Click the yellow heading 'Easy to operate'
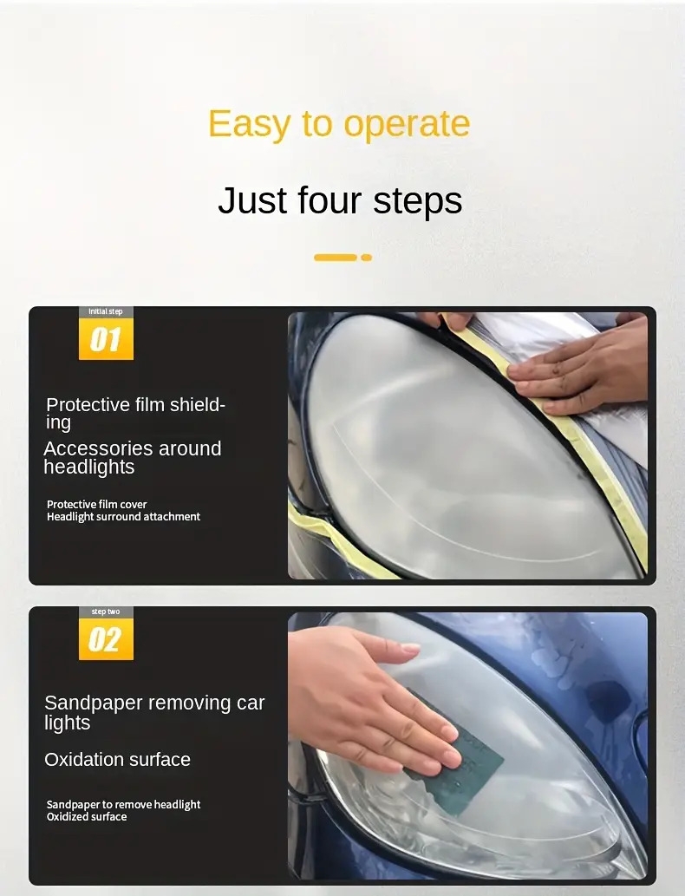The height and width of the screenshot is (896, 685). pyautogui.click(x=339, y=123)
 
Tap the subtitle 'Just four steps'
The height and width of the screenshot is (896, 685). pyautogui.click(x=340, y=199)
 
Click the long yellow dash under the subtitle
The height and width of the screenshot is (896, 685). pyautogui.click(x=336, y=258)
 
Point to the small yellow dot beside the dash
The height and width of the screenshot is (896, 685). pyautogui.click(x=366, y=258)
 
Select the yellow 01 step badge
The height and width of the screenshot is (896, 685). pyautogui.click(x=106, y=339)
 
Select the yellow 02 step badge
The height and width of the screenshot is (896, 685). pyautogui.click(x=106, y=640)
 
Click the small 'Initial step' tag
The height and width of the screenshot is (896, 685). pyautogui.click(x=106, y=311)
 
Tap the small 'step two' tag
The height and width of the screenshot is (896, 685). pyautogui.click(x=106, y=612)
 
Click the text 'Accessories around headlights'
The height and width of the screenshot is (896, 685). pyautogui.click(x=132, y=457)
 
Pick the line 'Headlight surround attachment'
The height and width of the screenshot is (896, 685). pyautogui.click(x=123, y=517)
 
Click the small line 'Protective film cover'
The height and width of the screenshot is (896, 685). pyautogui.click(x=96, y=504)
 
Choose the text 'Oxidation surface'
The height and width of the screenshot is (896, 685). pyautogui.click(x=117, y=760)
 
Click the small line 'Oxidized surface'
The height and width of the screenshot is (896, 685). pyautogui.click(x=87, y=817)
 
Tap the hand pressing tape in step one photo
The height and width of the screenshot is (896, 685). pyautogui.click(x=581, y=364)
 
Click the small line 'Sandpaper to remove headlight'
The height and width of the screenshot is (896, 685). pyautogui.click(x=123, y=805)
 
